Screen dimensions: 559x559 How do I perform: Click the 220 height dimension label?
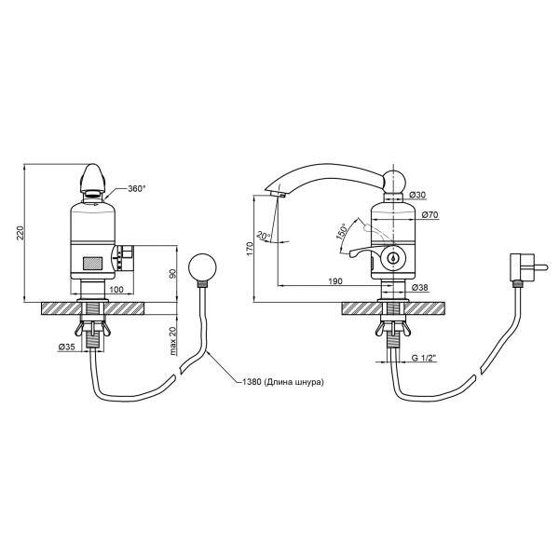click(x=21, y=233)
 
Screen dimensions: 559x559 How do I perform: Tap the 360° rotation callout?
click(x=137, y=188)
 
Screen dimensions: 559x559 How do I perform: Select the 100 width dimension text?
click(x=116, y=289)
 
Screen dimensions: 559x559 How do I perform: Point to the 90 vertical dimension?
click(x=172, y=274)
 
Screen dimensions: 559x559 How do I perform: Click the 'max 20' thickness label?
click(x=173, y=341)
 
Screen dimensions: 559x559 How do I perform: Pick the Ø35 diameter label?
click(x=66, y=347)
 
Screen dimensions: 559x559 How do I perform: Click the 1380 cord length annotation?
click(x=283, y=382)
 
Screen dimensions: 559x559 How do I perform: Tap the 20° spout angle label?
click(x=265, y=236)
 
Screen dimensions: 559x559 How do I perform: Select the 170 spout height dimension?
click(x=250, y=249)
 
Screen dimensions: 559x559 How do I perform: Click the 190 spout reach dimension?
click(x=335, y=281)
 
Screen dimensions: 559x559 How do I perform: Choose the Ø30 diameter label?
click(x=417, y=195)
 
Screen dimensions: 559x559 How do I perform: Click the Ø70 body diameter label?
click(x=429, y=215)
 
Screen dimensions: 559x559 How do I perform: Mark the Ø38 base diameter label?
click(x=419, y=287)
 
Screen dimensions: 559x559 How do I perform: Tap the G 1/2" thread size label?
click(x=424, y=358)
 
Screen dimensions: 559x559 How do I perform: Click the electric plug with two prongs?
click(x=527, y=267)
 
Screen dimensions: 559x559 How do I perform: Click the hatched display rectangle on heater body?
click(x=93, y=264)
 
